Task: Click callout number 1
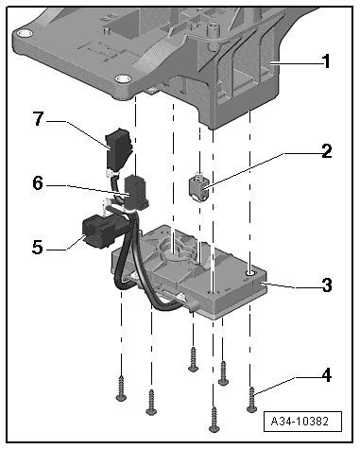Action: coord(327,61)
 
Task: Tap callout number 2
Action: coord(327,150)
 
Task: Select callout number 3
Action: coord(327,285)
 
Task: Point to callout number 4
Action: coord(327,375)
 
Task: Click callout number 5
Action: coord(38,247)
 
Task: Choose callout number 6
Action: coord(38,182)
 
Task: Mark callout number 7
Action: coord(38,119)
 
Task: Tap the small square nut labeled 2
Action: coord(198,188)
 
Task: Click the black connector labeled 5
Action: coord(97,233)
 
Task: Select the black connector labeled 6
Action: coord(136,192)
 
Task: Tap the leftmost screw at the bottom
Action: coord(121,389)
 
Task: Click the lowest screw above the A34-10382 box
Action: coord(214,420)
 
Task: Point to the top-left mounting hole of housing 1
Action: coord(24,32)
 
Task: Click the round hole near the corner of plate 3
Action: coord(250,271)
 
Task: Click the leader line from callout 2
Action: coord(245,170)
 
